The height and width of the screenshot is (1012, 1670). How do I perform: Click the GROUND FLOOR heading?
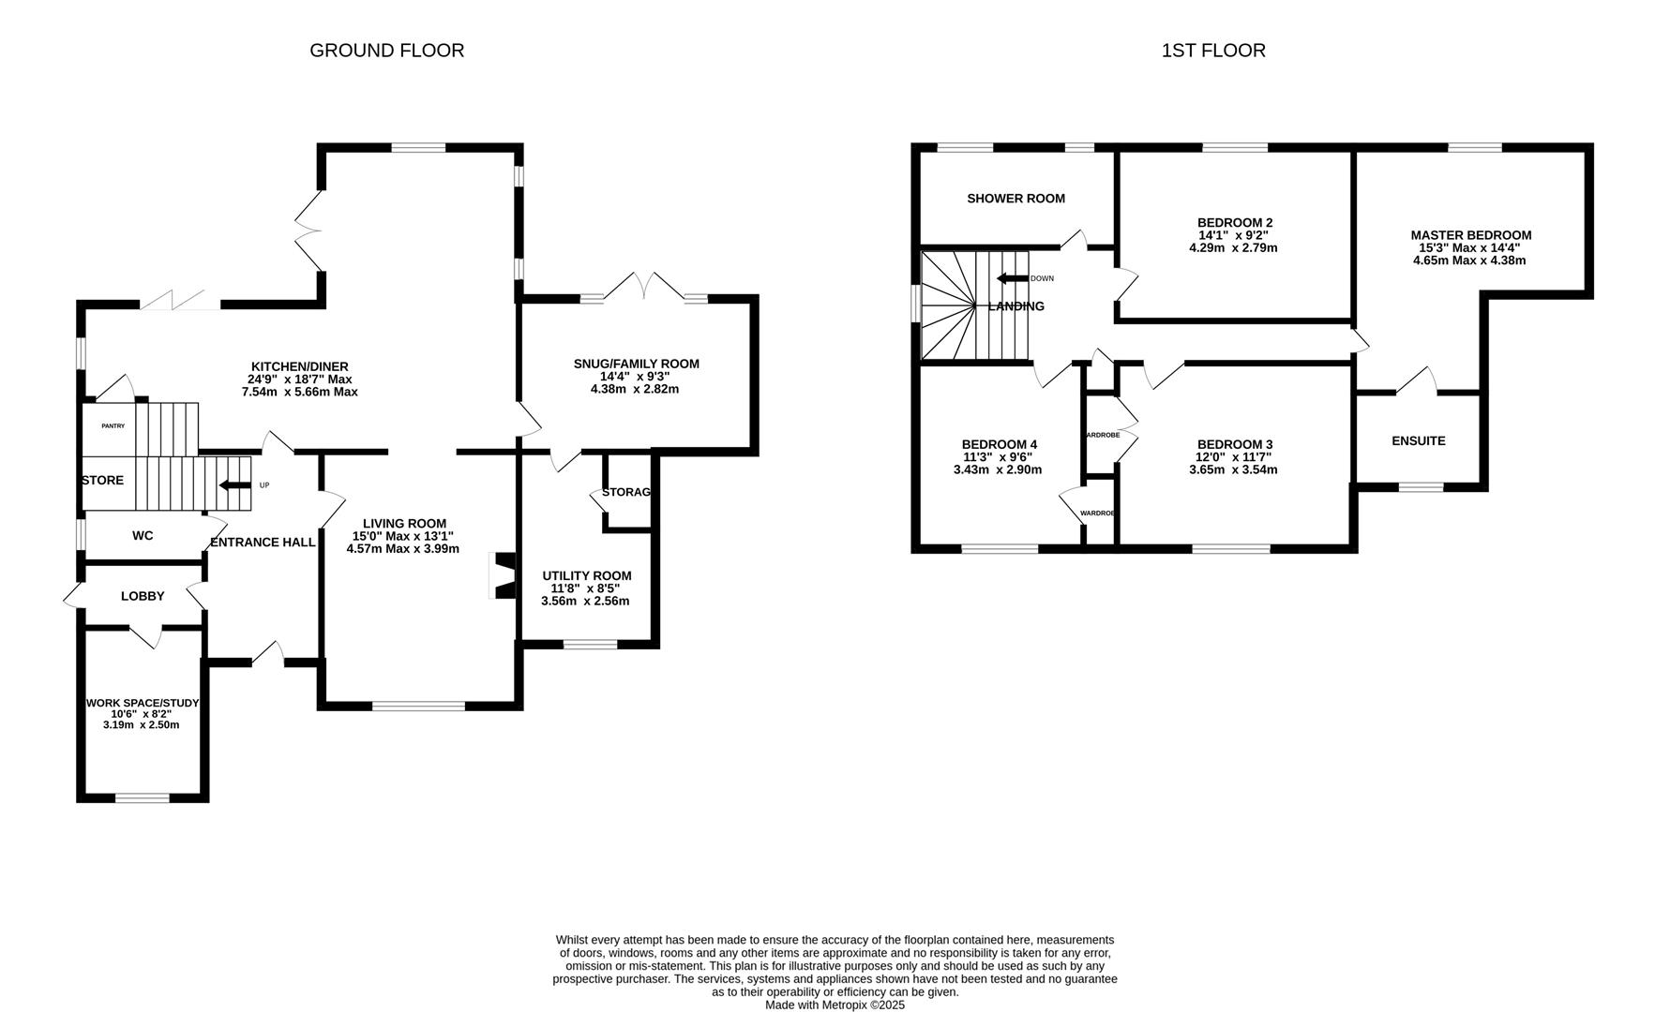386,51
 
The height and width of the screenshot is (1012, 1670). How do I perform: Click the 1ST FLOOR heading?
1212,51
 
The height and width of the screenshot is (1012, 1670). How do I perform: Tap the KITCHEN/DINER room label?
299,366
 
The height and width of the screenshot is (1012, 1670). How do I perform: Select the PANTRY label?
113,426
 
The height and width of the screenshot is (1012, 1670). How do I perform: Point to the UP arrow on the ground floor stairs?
235,485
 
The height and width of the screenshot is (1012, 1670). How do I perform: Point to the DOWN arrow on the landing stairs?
1013,278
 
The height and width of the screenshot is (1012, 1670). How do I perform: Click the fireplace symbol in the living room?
504,574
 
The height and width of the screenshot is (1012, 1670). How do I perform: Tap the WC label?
143,536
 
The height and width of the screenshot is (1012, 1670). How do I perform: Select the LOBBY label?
143,596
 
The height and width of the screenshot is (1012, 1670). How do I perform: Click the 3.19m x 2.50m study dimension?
142,724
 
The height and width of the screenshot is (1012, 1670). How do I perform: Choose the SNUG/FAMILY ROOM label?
636,364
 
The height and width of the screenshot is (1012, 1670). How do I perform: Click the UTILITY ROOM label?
586,575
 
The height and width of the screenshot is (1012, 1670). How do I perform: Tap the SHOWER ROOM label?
1016,199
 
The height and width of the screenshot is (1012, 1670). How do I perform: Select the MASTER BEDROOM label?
1470,235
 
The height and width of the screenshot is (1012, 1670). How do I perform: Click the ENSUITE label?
1418,440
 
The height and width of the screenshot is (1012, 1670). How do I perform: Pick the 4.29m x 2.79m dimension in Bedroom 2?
1233,248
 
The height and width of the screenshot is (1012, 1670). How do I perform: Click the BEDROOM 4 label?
999,444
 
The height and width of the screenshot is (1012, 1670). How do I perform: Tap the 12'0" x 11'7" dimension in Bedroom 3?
1234,457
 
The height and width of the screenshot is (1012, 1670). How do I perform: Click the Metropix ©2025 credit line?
835,1005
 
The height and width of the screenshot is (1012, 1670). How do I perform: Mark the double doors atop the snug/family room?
643,286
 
